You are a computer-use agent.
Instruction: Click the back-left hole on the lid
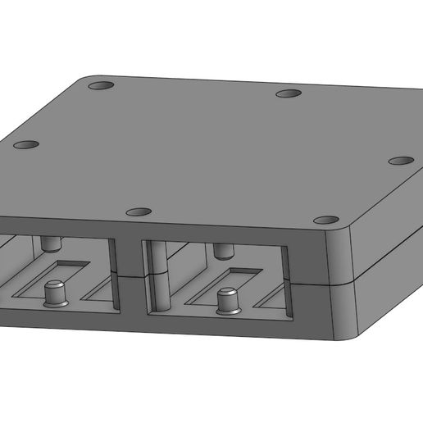[101, 85]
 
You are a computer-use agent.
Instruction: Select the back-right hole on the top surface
[288, 94]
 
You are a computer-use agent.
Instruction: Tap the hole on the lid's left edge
[25, 144]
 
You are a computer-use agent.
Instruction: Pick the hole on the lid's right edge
[399, 159]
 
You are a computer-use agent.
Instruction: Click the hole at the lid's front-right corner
[326, 220]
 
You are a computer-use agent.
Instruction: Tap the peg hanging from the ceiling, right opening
[223, 249]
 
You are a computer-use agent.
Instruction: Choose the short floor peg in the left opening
[55, 292]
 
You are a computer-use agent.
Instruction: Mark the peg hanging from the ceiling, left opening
[51, 243]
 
